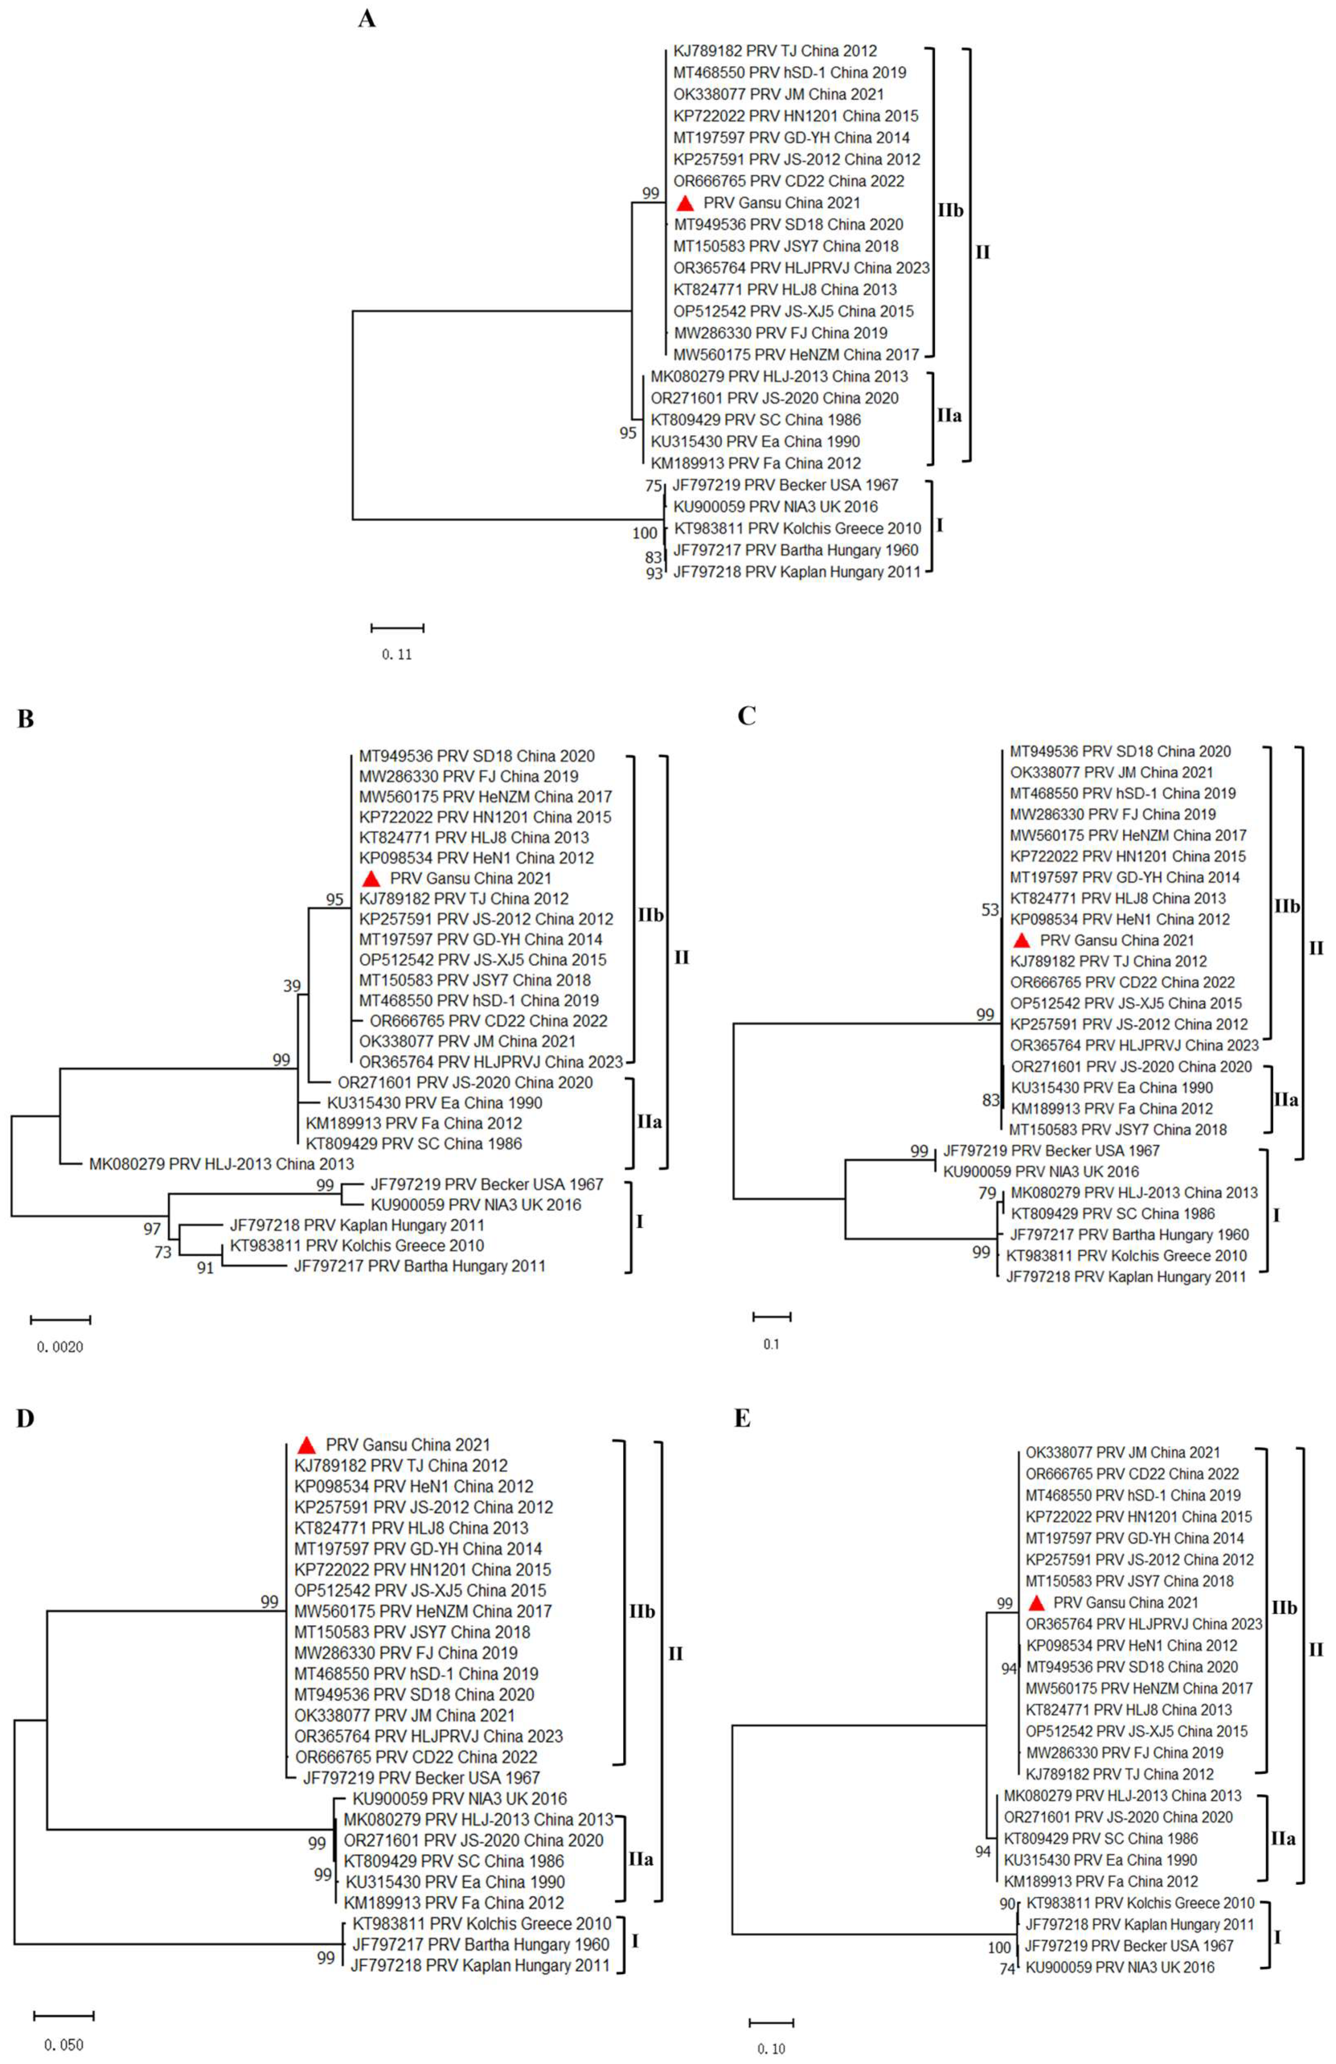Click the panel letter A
(x=367, y=19)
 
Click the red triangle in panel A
(x=685, y=203)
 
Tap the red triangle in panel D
(x=305, y=1445)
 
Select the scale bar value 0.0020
(x=60, y=1347)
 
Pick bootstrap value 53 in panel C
(x=990, y=910)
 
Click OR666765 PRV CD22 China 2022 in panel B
(x=488, y=1021)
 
